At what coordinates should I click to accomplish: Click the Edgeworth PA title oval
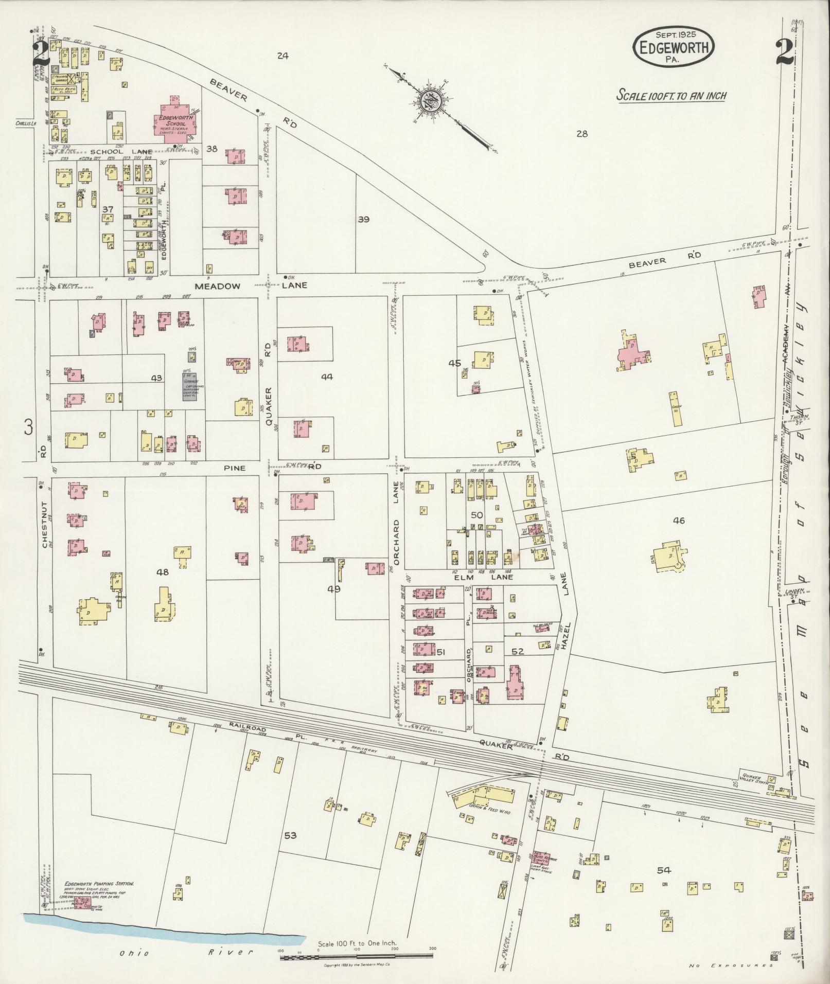673,47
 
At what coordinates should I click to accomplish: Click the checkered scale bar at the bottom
356,957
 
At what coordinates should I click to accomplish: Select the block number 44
326,377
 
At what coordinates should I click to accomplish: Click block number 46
678,521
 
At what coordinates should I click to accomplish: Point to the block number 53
290,835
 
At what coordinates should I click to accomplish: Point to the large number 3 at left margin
29,427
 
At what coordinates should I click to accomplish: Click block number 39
363,220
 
